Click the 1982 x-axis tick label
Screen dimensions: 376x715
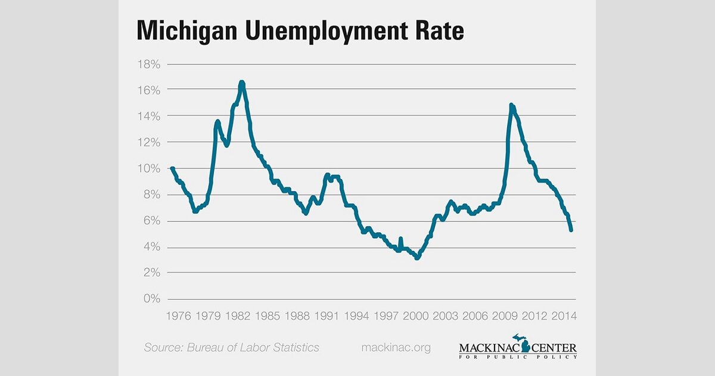click(x=243, y=316)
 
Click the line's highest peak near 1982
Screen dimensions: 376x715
click(x=242, y=82)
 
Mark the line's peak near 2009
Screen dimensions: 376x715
click(x=511, y=105)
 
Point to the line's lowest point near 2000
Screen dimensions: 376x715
click(x=417, y=258)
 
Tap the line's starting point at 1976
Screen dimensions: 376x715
click(x=172, y=168)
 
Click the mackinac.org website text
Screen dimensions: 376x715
click(x=396, y=347)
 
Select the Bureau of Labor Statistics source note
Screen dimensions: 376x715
click(x=231, y=347)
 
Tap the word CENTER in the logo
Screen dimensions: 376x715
click(x=555, y=347)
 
